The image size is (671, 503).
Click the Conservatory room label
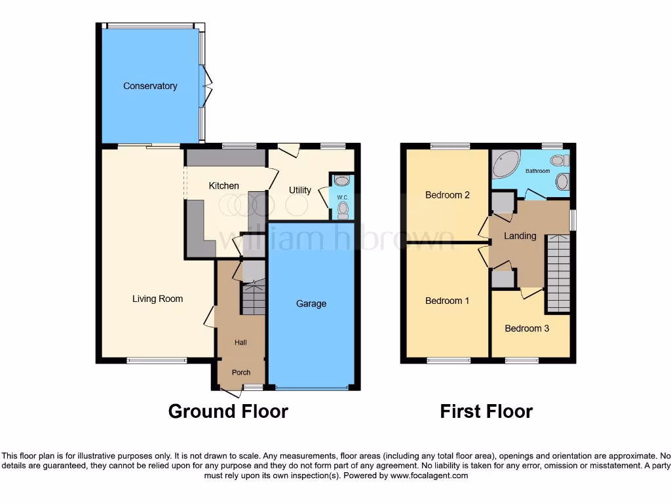point(150,86)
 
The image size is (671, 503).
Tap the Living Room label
point(157,299)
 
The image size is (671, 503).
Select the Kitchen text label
point(223,186)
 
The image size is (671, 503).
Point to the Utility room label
point(300,191)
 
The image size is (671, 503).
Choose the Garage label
point(311,304)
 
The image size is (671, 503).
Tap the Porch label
point(240,373)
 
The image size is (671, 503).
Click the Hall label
point(240,343)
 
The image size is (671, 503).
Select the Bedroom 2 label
point(448,195)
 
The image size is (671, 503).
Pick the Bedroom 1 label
point(448,301)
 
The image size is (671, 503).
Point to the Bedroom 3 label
point(527,329)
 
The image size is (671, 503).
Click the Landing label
point(520,236)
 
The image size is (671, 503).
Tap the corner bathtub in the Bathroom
point(506,163)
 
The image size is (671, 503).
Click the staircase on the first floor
point(558,273)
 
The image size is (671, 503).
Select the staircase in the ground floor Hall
point(253,298)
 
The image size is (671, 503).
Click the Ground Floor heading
point(228,411)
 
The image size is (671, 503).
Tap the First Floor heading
point(486,411)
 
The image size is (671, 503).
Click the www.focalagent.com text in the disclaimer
point(429,476)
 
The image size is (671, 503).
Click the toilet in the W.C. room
point(343,209)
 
